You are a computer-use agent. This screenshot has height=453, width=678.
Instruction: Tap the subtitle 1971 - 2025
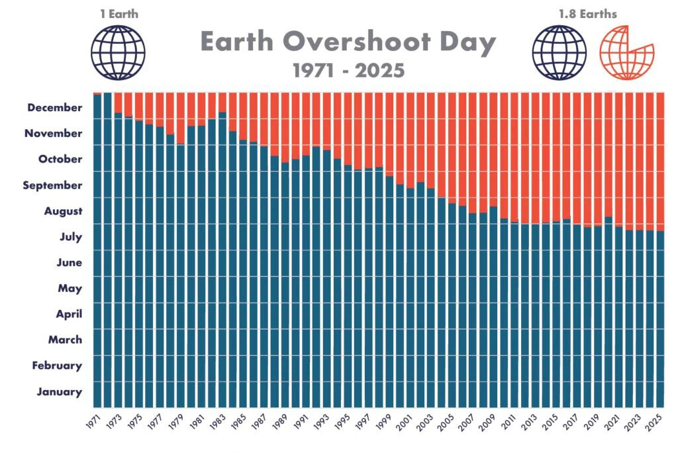tap(348, 71)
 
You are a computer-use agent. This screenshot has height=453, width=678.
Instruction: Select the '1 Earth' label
tap(118, 13)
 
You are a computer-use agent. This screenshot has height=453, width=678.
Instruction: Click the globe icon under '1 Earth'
tap(118, 52)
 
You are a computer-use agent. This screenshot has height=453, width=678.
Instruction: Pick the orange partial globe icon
tap(626, 52)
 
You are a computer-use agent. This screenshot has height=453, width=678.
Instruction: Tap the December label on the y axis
tap(55, 107)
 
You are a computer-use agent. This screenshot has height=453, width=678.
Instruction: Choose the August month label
tap(64, 211)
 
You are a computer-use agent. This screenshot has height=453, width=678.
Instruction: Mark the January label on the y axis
tap(60, 391)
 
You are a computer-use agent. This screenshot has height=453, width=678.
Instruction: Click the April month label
tap(68, 314)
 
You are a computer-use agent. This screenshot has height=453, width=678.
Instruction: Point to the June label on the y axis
tap(70, 262)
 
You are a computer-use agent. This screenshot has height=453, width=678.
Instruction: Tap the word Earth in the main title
tap(237, 43)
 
